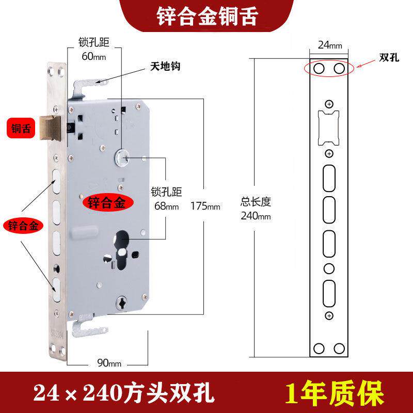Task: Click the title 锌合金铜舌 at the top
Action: click(207, 16)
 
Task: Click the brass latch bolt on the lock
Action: click(52, 126)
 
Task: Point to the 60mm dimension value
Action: click(93, 56)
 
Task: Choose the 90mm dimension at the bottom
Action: click(109, 363)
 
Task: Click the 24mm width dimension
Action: click(330, 45)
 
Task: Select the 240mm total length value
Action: click(256, 216)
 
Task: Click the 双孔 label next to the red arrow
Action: click(389, 57)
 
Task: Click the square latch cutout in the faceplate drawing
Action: click(329, 127)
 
